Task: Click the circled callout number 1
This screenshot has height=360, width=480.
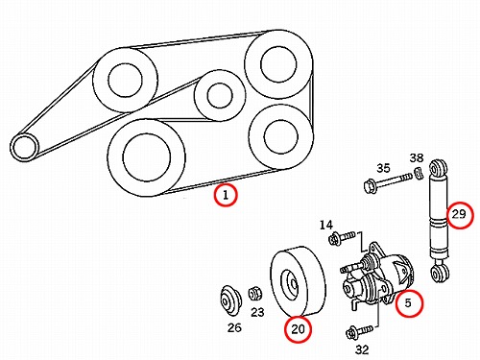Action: pyautogui.click(x=226, y=195)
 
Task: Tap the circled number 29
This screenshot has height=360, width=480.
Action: pyautogui.click(x=460, y=214)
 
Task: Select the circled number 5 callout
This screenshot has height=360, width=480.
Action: pyautogui.click(x=409, y=302)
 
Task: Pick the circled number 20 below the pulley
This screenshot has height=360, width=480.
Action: pyautogui.click(x=299, y=329)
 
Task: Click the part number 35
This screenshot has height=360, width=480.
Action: pyautogui.click(x=383, y=168)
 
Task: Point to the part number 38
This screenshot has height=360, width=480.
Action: pyautogui.click(x=417, y=157)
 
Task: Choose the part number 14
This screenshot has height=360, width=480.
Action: pyautogui.click(x=326, y=226)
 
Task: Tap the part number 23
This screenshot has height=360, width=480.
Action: pyautogui.click(x=257, y=312)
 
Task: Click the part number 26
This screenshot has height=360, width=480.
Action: pyautogui.click(x=234, y=327)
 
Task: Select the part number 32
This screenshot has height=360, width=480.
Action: pyautogui.click(x=362, y=349)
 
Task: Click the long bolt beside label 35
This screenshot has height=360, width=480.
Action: pyautogui.click(x=388, y=182)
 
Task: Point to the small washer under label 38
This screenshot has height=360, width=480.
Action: pyautogui.click(x=419, y=173)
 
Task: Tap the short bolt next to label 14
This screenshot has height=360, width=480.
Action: pyautogui.click(x=342, y=238)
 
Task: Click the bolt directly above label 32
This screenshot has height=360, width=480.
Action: pyautogui.click(x=360, y=332)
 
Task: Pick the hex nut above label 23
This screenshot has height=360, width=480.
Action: pyautogui.click(x=255, y=293)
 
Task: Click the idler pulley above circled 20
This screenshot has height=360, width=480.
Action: pyautogui.click(x=299, y=281)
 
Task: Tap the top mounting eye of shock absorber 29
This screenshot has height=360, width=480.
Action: pyautogui.click(x=439, y=167)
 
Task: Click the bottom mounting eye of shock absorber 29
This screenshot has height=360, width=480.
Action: pyautogui.click(x=439, y=274)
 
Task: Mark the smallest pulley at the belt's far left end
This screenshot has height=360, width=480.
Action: pyautogui.click(x=24, y=148)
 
